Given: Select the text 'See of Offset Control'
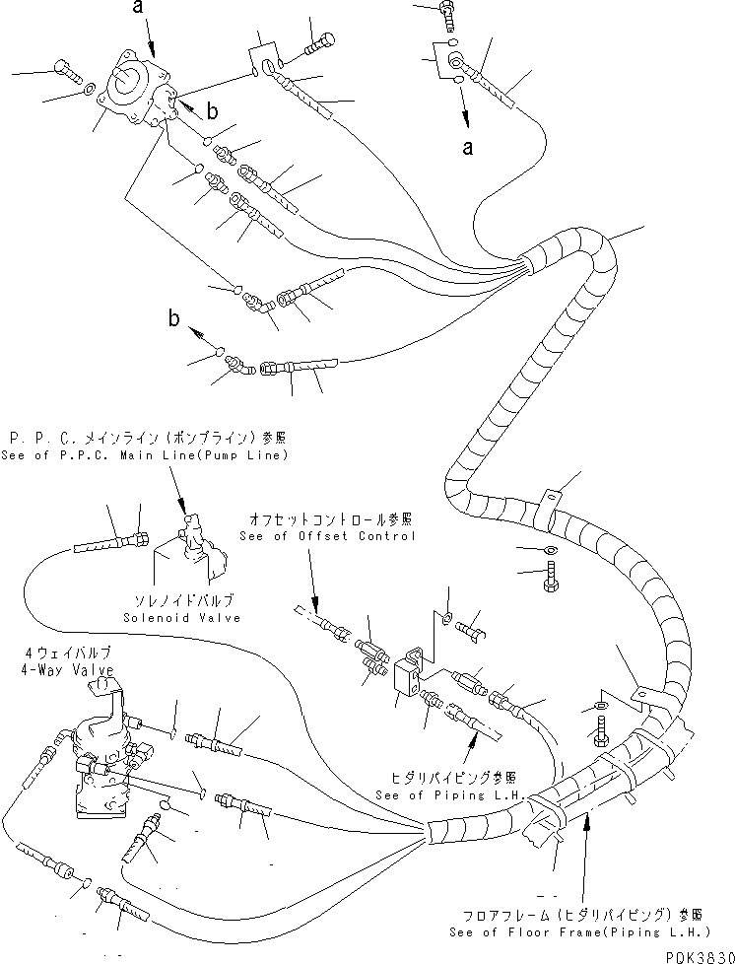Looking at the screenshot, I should point(327,536).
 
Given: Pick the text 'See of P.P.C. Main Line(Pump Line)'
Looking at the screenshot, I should point(147,454).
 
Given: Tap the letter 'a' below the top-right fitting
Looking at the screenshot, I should point(468,149).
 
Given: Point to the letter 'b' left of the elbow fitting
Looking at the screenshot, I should point(174,317).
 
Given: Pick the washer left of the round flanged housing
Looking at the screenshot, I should point(91,88).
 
